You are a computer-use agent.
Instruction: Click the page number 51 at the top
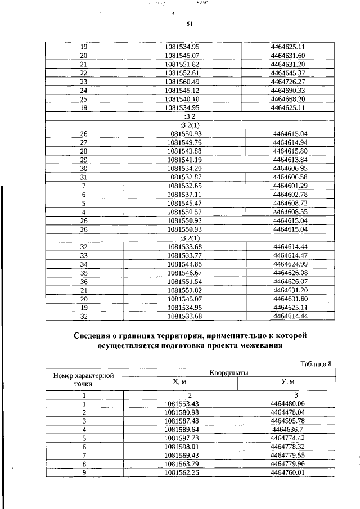coord(190,24)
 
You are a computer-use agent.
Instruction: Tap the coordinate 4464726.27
coord(287,82)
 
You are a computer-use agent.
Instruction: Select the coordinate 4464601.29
coord(290,185)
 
